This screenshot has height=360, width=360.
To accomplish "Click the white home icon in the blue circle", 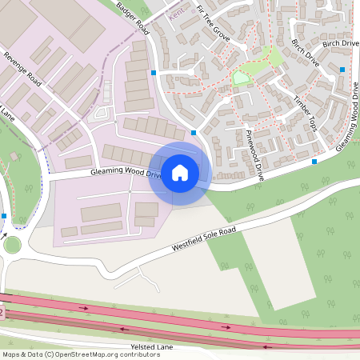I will click(180, 173).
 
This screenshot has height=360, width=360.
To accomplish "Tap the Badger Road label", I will click(133, 15).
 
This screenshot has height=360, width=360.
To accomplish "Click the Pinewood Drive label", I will click(254, 154).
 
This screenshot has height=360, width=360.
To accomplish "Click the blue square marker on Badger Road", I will click(153, 72).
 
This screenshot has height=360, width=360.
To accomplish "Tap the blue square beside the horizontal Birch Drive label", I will click(342, 70).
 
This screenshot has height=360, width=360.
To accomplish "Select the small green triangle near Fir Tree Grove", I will click(240, 78).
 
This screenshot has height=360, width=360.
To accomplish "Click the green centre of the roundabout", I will click(11, 245).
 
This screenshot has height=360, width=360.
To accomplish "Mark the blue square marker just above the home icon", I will click(194, 133).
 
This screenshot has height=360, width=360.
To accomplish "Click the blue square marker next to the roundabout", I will click(4, 216).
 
